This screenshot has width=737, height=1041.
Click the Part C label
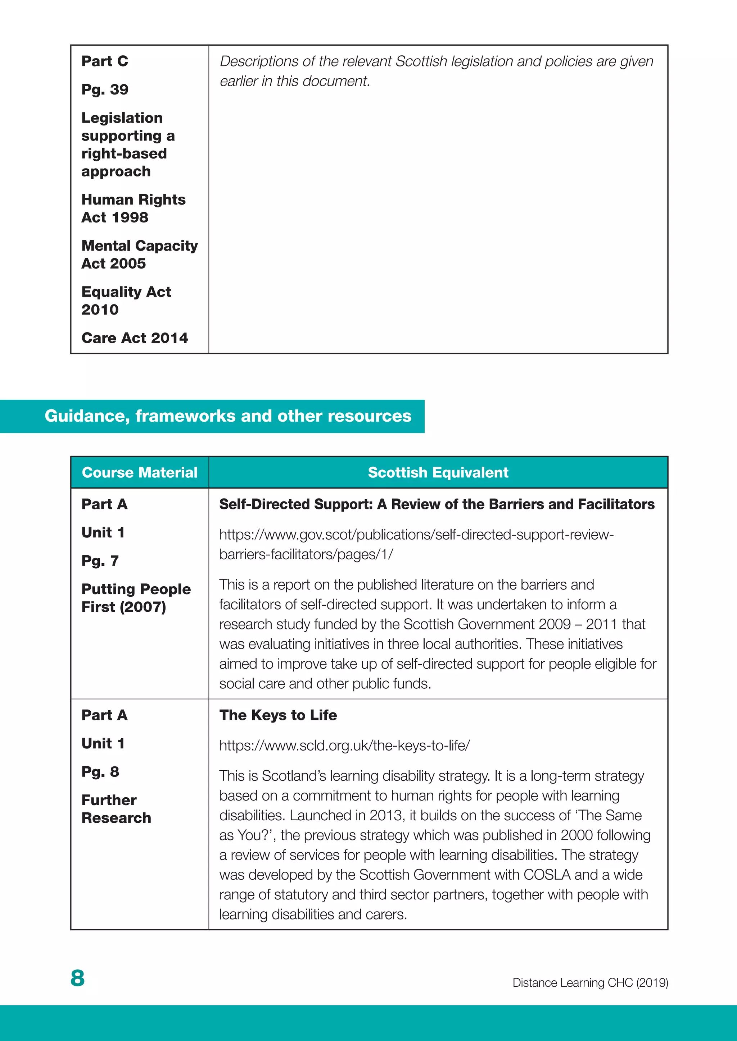coord(105,61)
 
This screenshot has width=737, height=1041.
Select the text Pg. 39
coord(105,89)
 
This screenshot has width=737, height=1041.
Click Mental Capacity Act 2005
coord(139,254)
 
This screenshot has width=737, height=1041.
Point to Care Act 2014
coord(134,338)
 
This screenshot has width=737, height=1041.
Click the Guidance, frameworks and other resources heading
coord(228,416)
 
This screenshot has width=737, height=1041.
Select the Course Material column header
coord(139,472)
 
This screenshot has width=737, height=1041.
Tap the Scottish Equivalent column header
coord(438,472)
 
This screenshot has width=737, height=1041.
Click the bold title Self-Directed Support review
coord(437,504)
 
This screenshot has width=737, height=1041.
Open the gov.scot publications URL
coord(416,544)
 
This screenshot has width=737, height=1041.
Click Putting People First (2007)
coord(136,597)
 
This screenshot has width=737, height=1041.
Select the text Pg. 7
coord(100,561)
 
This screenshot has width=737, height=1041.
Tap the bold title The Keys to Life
coord(278,715)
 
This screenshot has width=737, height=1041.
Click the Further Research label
coord(116,809)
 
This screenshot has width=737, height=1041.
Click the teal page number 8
coord(78,978)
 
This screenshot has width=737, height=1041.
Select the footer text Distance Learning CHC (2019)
coord(590,982)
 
